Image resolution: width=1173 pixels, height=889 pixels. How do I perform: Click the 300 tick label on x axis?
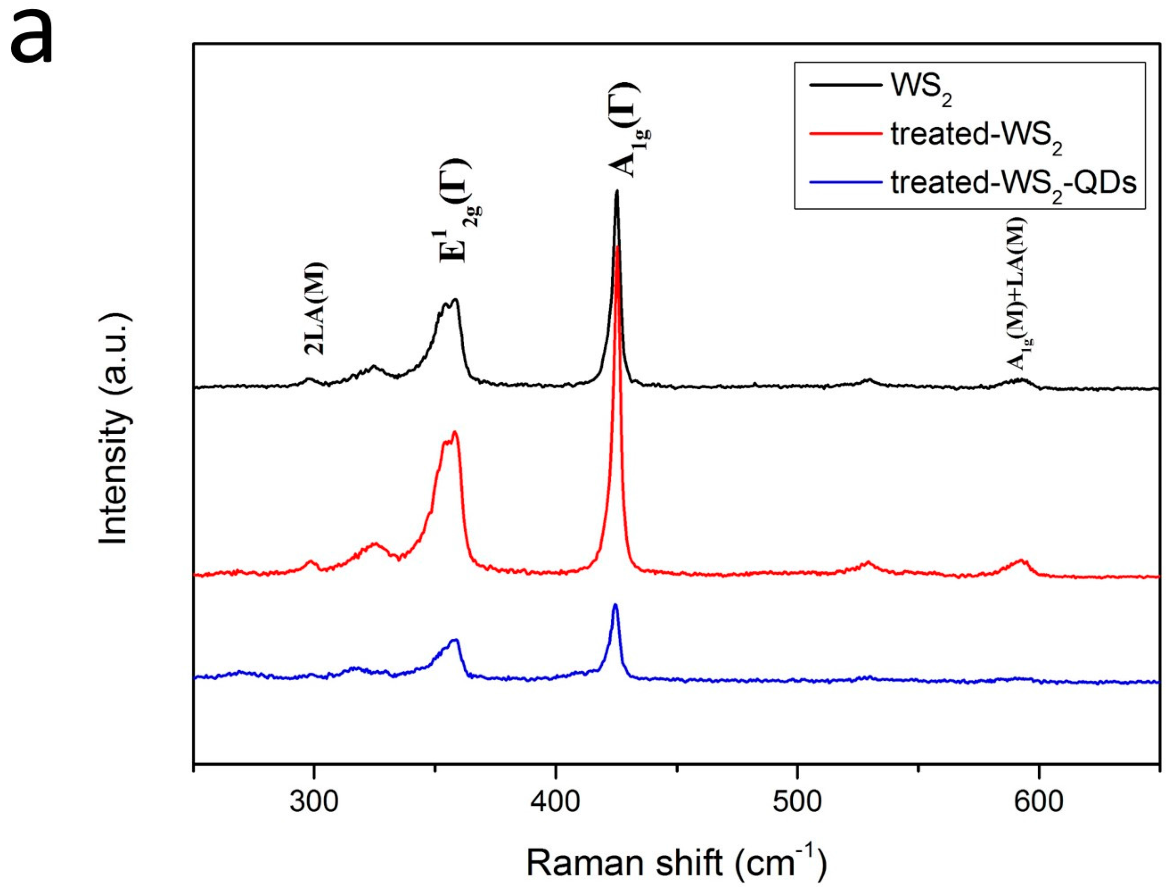pos(314,802)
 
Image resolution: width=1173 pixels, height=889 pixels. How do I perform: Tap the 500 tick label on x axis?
pos(797,802)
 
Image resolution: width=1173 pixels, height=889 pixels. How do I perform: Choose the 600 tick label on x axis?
pos(1038,802)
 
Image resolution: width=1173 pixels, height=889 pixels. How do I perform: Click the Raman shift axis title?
pos(676,863)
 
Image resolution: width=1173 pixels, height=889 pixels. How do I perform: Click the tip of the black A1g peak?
pos(616,191)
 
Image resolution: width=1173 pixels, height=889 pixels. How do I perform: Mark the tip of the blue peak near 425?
pos(615,605)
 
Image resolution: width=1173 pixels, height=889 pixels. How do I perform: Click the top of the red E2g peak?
pos(455,432)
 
